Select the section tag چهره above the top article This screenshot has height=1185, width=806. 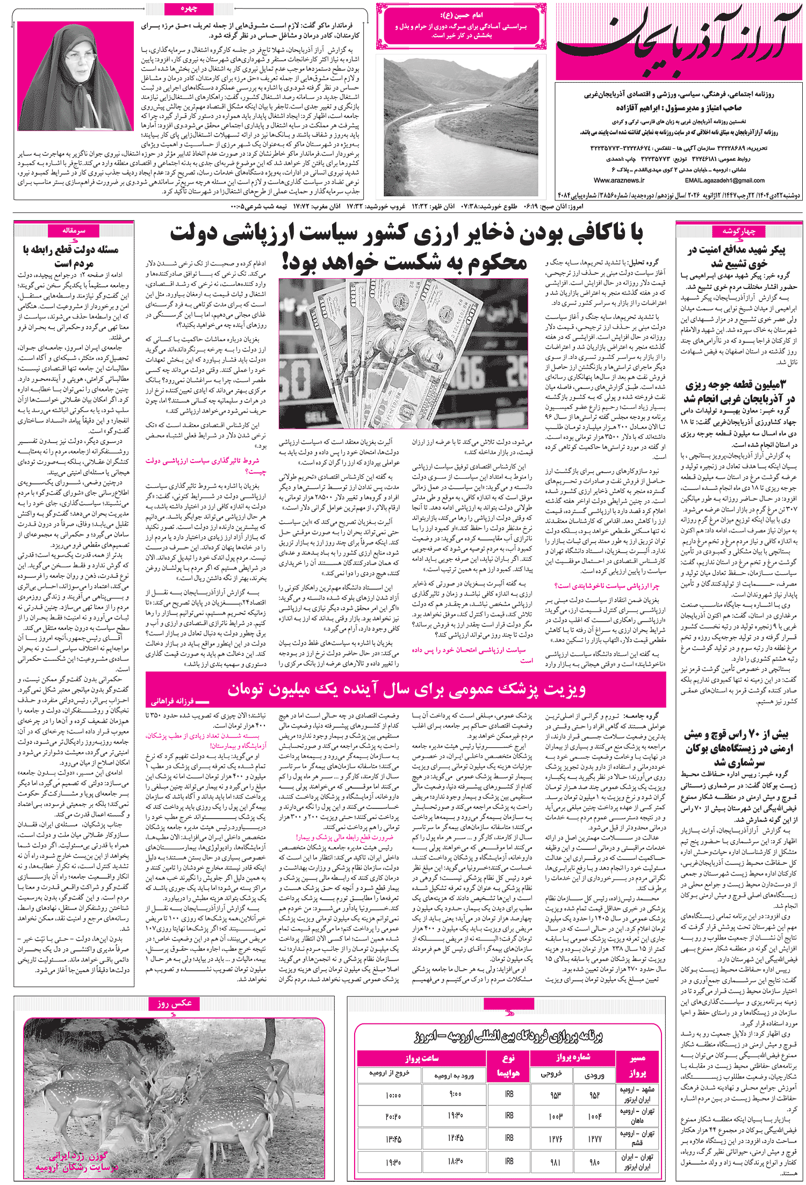189,9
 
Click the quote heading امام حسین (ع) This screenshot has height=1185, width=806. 461,15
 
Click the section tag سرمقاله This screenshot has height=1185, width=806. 74,230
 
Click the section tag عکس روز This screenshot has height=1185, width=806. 174,1003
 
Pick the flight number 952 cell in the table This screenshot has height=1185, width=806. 594,1095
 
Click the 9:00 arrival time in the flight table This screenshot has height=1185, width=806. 455,1095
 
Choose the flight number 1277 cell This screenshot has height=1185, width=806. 594,1138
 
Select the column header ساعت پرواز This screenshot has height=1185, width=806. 422,1058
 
